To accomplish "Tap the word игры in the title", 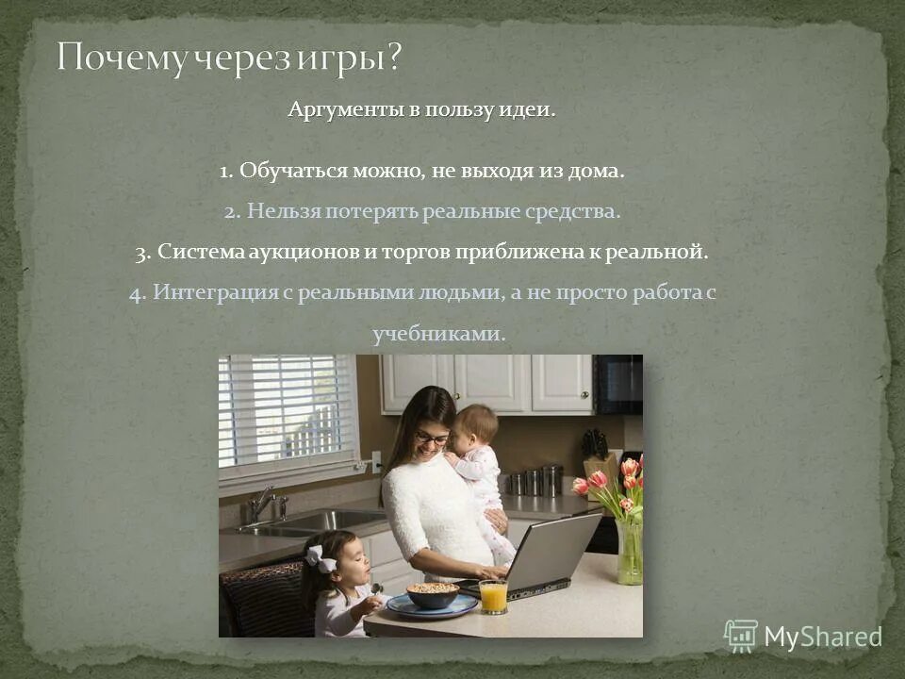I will tap(348, 59).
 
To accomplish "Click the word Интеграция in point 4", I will tap(215, 292).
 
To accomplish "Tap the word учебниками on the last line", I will tap(439, 334).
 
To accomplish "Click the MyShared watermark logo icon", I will tap(740, 636).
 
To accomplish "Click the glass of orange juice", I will tap(492, 596).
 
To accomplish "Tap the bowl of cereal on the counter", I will tap(432, 594).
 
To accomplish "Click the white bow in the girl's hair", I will tap(321, 558).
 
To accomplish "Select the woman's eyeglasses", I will tap(432, 439).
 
